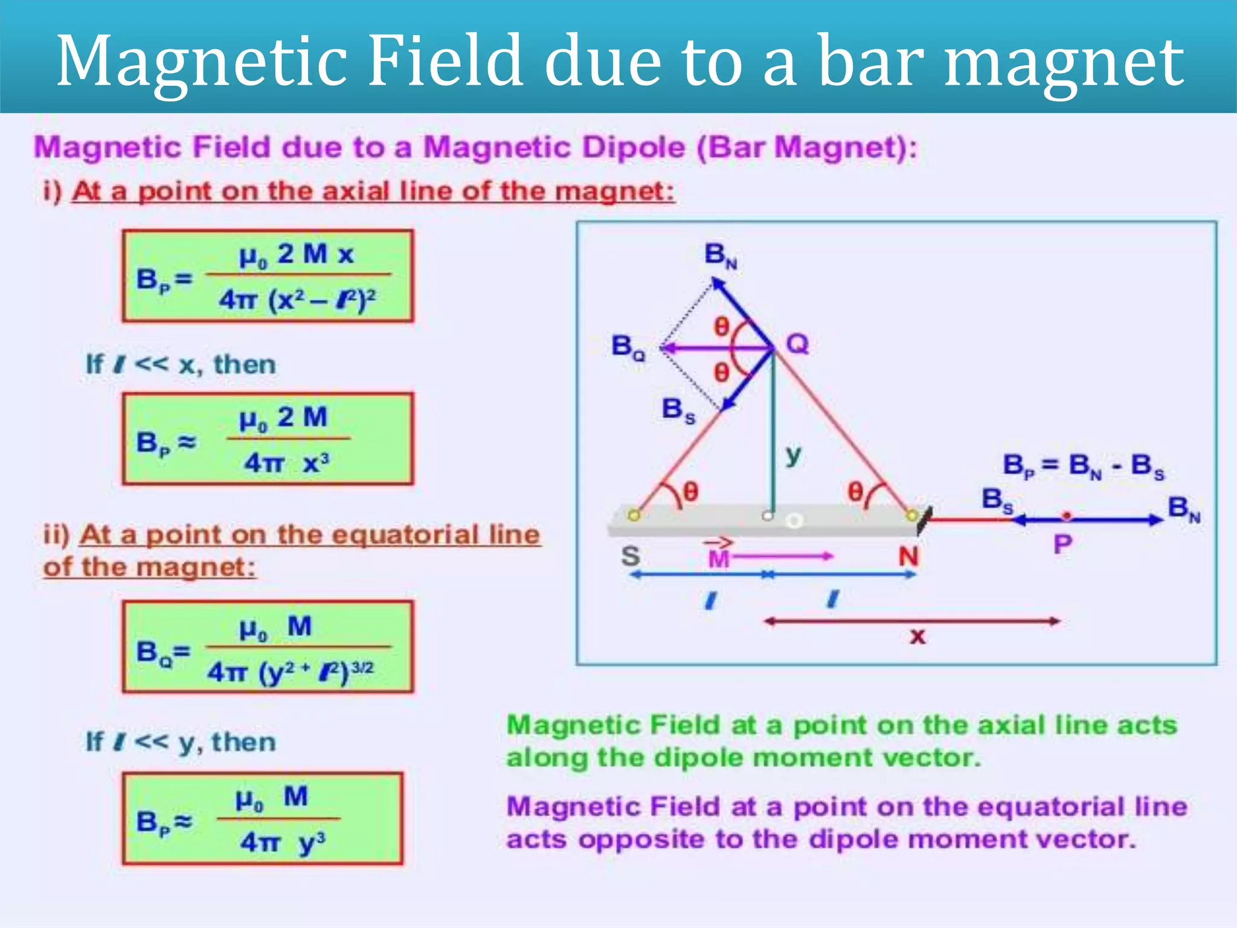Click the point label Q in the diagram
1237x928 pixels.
coord(797,344)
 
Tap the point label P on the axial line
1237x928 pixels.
coord(1062,544)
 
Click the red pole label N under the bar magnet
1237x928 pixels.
coord(908,556)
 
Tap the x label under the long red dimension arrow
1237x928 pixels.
coord(917,636)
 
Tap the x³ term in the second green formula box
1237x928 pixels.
coord(316,463)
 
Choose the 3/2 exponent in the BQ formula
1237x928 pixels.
coord(362,668)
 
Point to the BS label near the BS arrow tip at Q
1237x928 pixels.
coord(678,410)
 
